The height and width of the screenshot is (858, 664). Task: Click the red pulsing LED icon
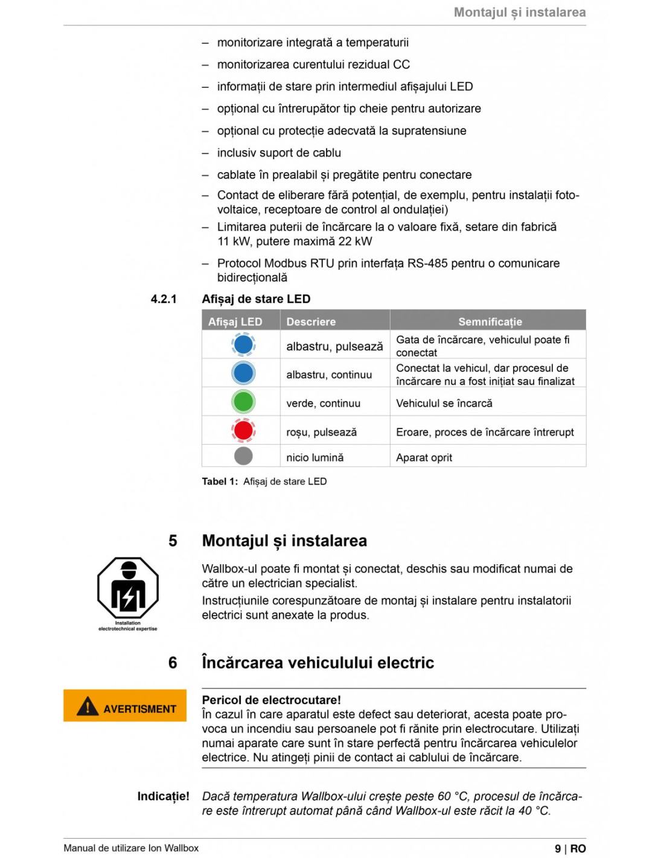click(243, 430)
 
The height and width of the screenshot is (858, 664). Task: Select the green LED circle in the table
click(243, 401)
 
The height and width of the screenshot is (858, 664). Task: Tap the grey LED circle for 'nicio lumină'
click(243, 456)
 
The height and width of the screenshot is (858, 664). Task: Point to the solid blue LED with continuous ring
click(243, 373)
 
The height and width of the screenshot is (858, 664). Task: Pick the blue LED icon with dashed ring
click(243, 345)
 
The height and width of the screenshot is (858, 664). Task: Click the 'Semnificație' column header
click(490, 322)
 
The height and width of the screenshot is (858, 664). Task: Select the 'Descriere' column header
click(311, 322)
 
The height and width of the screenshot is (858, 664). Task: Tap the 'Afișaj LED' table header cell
click(235, 322)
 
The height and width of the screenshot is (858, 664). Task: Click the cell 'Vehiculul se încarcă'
click(444, 403)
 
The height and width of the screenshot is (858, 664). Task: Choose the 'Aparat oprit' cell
click(424, 457)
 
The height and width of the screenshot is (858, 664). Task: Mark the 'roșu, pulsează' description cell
click(321, 432)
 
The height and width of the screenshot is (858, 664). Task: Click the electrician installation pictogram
click(128, 589)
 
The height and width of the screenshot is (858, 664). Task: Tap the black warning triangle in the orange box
click(88, 706)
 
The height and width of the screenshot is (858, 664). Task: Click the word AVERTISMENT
click(139, 709)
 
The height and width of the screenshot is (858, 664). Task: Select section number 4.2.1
click(164, 299)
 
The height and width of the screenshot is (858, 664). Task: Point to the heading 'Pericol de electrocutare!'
click(271, 700)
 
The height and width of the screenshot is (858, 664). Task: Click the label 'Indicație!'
click(163, 796)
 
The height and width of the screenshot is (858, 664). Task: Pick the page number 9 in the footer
click(558, 848)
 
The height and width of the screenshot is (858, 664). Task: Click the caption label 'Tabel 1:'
click(220, 481)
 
